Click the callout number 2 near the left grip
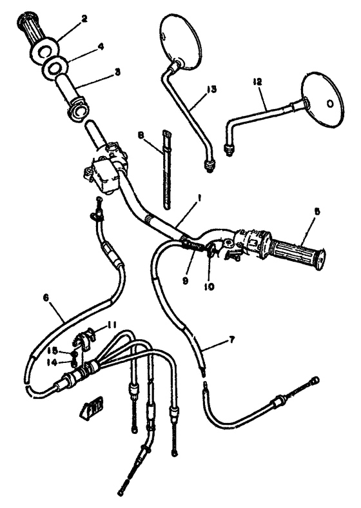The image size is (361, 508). (x=84, y=19)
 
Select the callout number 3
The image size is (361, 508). (x=117, y=72)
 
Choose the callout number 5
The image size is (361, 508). (x=317, y=211)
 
